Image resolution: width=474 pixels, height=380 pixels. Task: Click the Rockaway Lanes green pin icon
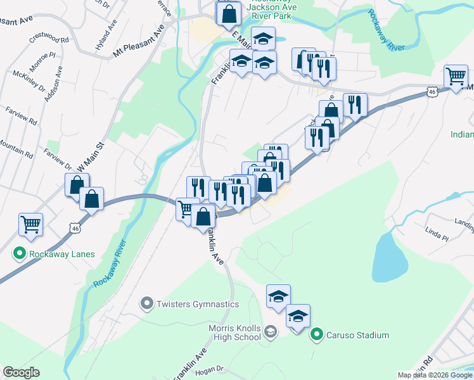[x=19, y=255]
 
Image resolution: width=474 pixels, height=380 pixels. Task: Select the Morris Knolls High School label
[x=234, y=332]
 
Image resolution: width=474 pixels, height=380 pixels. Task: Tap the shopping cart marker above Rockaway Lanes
[x=30, y=224]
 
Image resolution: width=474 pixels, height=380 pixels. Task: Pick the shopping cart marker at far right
[x=456, y=77]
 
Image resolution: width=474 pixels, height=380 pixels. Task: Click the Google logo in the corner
[x=21, y=372]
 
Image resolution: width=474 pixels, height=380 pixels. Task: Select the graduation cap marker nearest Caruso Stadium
[x=298, y=317]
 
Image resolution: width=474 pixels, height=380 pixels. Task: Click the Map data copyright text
[x=435, y=375]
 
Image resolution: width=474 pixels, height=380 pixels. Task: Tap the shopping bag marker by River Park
[x=229, y=13]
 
